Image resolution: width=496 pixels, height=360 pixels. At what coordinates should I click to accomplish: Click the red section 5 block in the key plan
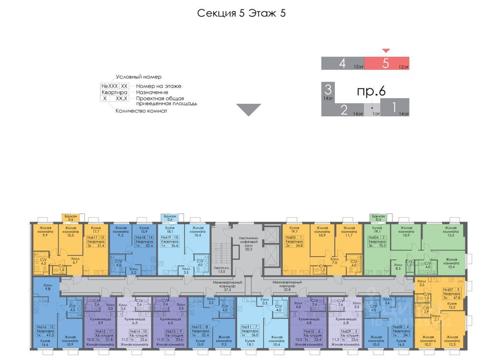387,63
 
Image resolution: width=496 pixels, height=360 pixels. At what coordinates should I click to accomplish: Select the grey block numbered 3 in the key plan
328,92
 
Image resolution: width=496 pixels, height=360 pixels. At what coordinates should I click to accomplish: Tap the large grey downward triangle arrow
248,110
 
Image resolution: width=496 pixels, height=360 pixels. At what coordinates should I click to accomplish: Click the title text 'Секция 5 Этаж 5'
241,13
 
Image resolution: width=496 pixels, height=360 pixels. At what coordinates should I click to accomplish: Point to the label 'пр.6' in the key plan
371,91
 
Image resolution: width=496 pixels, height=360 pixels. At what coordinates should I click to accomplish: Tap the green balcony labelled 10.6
378,218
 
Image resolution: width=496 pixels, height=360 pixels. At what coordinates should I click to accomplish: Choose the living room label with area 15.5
450,230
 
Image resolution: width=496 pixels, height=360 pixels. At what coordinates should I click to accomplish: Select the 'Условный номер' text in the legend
138,77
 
